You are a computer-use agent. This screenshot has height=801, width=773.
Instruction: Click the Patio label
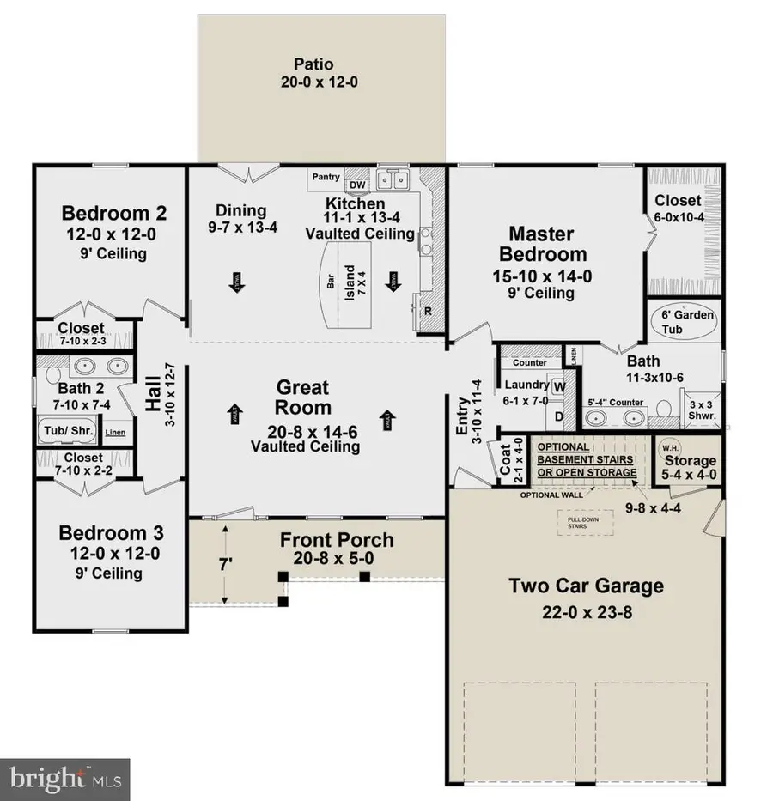pyautogui.click(x=313, y=64)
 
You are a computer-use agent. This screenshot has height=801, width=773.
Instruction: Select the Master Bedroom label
pyautogui.click(x=547, y=244)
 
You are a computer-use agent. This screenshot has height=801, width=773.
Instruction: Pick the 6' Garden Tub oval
pyautogui.click(x=687, y=322)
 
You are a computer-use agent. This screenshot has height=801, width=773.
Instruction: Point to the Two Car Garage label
pyautogui.click(x=586, y=586)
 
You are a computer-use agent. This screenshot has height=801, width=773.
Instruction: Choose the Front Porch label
pyautogui.click(x=337, y=540)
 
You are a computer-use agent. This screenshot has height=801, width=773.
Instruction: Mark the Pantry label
pyautogui.click(x=326, y=178)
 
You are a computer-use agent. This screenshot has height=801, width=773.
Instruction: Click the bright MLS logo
pyautogui.click(x=64, y=780)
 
